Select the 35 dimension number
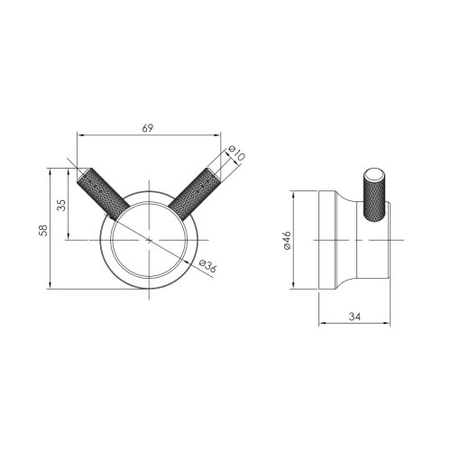coord(62,204)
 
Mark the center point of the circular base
coord(147,239)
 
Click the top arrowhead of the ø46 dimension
coord(294,193)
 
